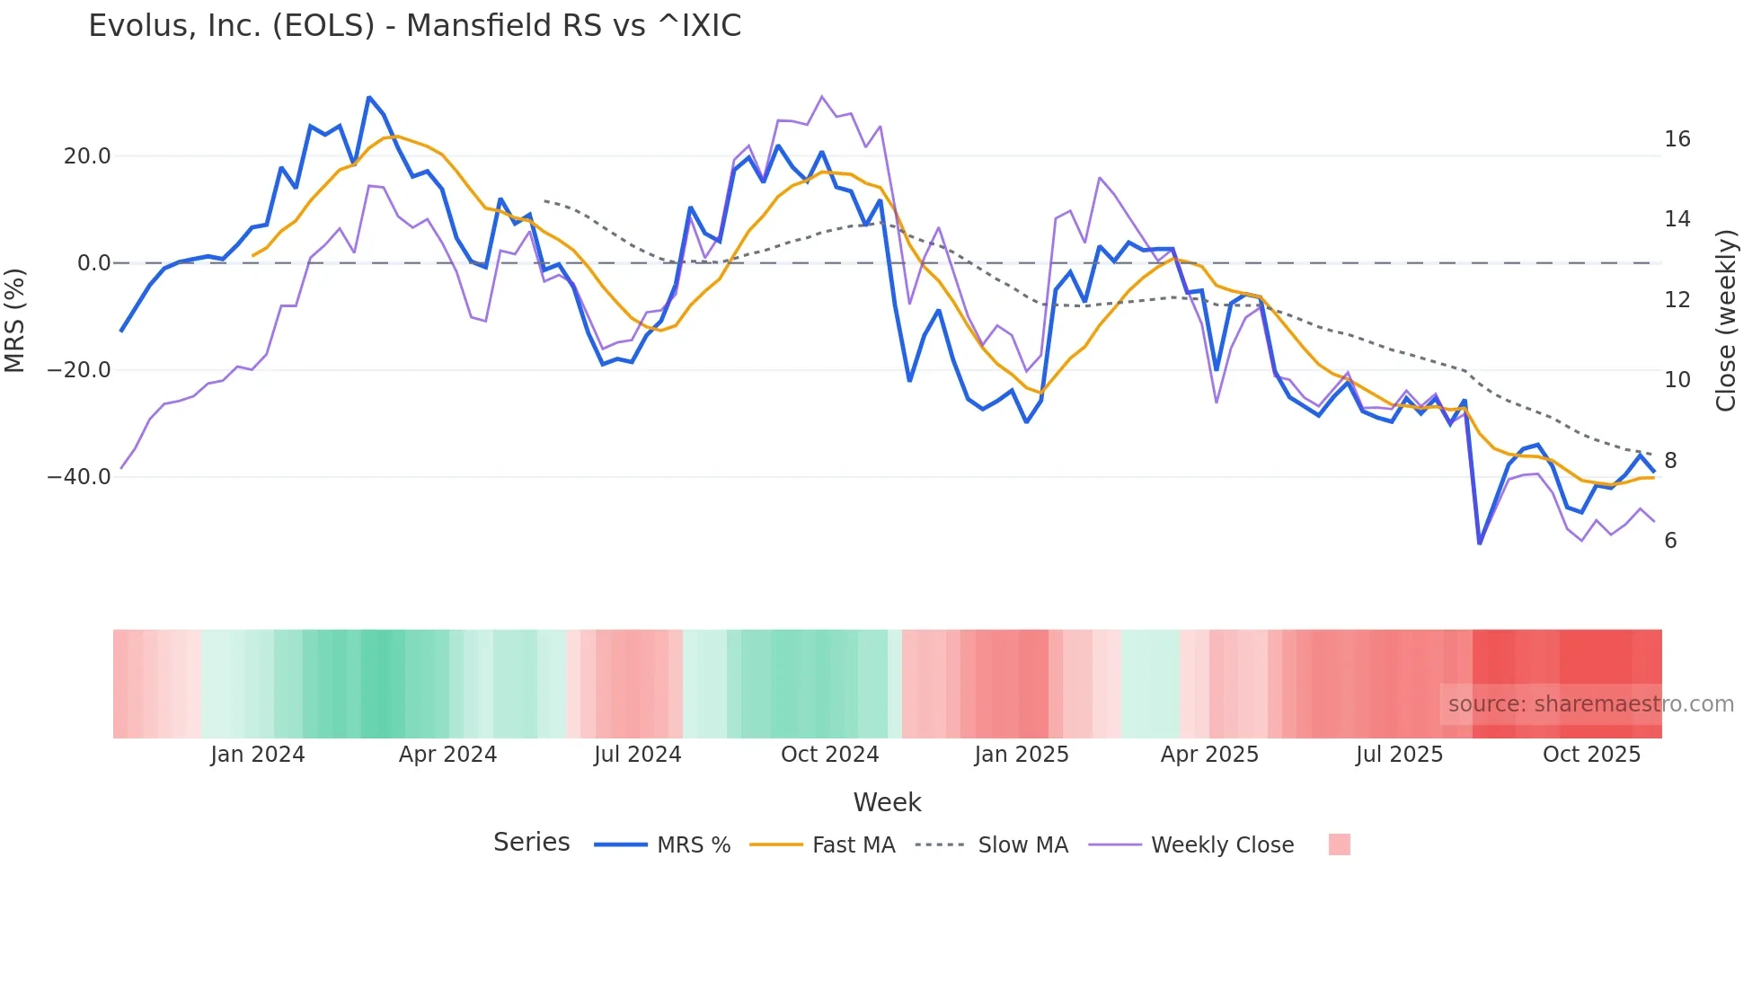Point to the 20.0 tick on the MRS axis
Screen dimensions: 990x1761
coord(87,156)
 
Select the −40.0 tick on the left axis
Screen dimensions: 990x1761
coord(79,477)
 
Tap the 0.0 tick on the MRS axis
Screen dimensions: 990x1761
coord(93,263)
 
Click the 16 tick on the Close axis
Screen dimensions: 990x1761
coord(1677,139)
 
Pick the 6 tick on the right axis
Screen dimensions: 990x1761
coord(1670,541)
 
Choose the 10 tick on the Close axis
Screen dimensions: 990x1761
coord(1677,380)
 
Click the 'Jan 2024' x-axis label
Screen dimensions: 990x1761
coord(258,755)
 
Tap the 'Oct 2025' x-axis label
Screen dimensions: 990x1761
coord(1591,755)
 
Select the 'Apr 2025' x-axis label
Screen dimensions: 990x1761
coord(1209,755)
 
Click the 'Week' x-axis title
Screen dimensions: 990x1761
coord(887,802)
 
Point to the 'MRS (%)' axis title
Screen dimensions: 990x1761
coord(15,320)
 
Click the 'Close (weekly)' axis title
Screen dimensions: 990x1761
coord(1726,321)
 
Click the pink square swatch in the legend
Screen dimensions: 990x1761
coord(1339,844)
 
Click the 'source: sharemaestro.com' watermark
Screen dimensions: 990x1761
coord(1590,704)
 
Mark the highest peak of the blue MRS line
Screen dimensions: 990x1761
coord(369,97)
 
